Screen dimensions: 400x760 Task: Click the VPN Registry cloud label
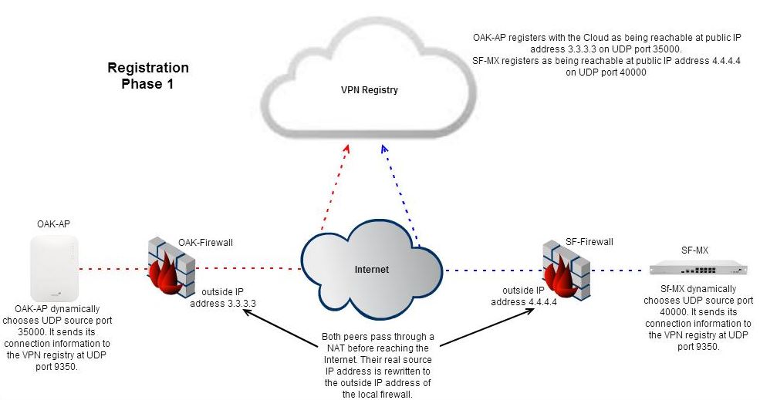coord(370,90)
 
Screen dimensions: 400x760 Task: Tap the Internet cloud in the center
coord(371,270)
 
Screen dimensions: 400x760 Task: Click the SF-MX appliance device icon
coord(698,268)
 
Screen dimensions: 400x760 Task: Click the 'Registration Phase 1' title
coord(147,76)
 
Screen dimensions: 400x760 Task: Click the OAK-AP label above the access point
coord(53,224)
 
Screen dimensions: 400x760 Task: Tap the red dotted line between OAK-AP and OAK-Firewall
coord(112,270)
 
